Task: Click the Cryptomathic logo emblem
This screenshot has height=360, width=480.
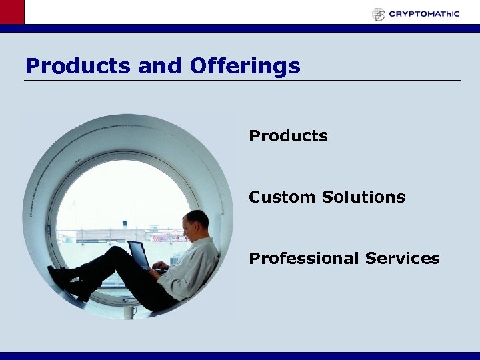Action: (379, 14)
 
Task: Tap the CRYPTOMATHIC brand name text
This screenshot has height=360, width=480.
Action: (424, 14)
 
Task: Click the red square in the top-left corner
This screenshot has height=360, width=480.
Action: (11, 12)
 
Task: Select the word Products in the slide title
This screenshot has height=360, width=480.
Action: (78, 66)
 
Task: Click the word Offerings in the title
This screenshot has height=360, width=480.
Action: (245, 66)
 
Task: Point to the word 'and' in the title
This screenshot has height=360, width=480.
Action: (160, 66)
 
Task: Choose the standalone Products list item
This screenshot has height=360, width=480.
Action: (288, 136)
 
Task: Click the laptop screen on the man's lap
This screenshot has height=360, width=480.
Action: (139, 254)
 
